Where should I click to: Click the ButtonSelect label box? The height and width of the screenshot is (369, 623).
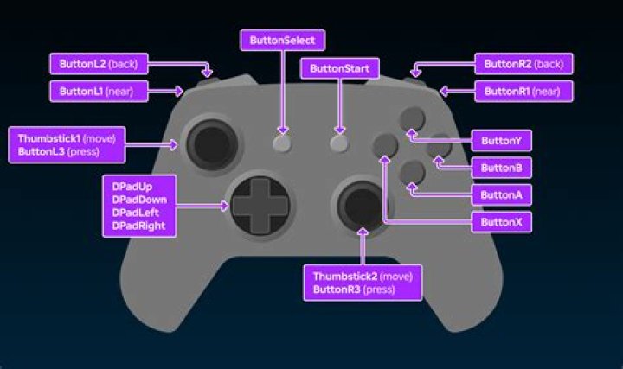pyautogui.click(x=283, y=40)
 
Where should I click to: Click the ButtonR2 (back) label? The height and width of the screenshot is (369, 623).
pyautogui.click(x=523, y=64)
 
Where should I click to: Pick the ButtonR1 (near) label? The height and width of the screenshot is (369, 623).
pyautogui.click(x=523, y=91)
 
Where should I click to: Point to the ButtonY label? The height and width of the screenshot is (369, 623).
pyautogui.click(x=501, y=140)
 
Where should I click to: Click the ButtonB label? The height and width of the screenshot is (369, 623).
pyautogui.click(x=501, y=168)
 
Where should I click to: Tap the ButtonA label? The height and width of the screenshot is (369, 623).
pyautogui.click(x=501, y=195)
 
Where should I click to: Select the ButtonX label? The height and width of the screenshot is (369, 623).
pyautogui.click(x=501, y=223)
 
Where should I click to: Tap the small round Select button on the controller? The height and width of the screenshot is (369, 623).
pyautogui.click(x=282, y=144)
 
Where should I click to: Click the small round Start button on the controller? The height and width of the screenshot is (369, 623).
pyautogui.click(x=338, y=144)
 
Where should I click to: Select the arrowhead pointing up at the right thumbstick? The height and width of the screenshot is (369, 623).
pyautogui.click(x=363, y=234)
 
